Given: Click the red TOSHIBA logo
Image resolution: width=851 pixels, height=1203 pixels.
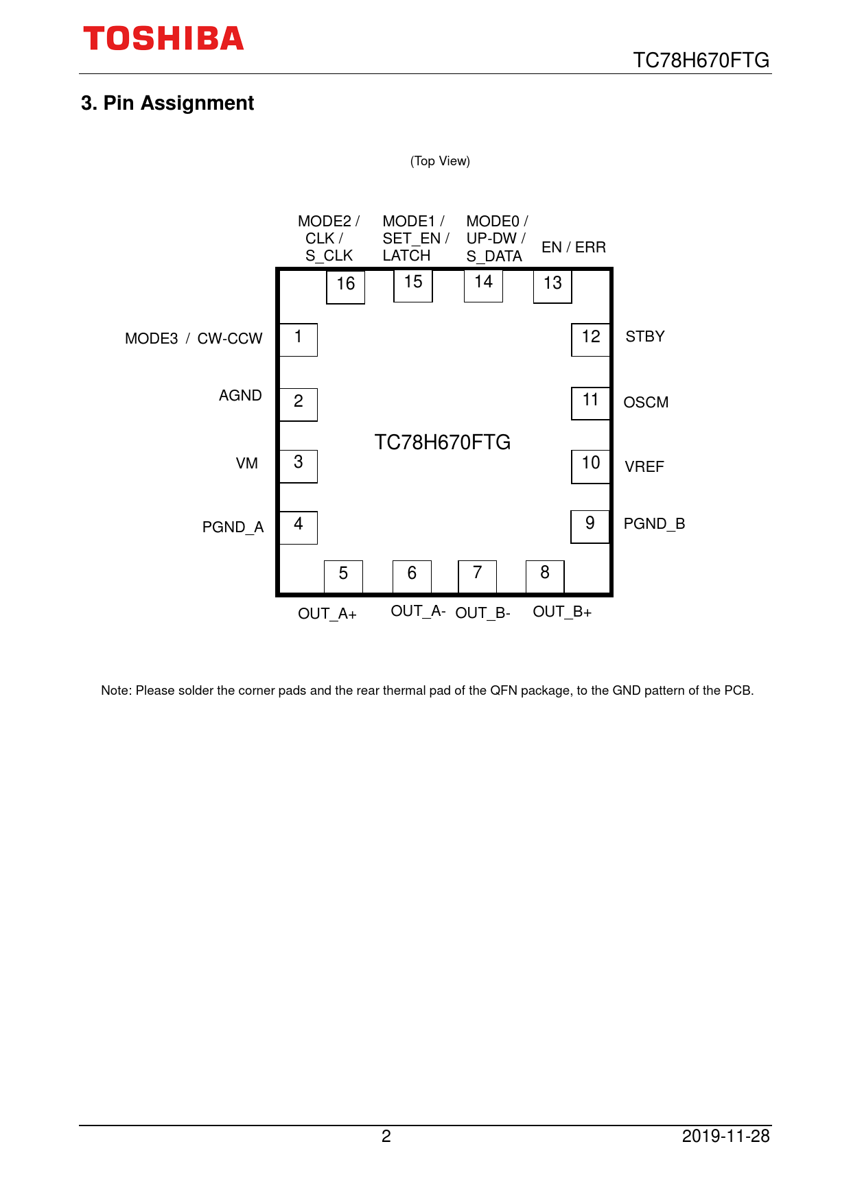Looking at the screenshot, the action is (x=163, y=39).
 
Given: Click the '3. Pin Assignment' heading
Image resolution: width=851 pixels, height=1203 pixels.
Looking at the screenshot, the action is (x=167, y=103).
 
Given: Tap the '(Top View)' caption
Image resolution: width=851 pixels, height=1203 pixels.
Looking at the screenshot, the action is (x=440, y=161).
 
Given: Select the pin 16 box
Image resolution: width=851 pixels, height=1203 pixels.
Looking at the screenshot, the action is (x=345, y=287).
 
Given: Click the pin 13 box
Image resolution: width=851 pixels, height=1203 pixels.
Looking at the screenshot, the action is (x=552, y=286).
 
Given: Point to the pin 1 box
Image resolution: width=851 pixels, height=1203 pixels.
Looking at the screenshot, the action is (x=299, y=340).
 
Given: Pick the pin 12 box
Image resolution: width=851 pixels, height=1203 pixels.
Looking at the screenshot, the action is (x=590, y=340).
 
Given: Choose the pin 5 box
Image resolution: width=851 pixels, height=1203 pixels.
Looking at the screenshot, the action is (x=343, y=576).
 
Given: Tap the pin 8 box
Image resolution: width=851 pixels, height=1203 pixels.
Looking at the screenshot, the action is (x=545, y=576).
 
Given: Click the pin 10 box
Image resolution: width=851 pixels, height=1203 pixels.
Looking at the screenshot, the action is (x=590, y=466).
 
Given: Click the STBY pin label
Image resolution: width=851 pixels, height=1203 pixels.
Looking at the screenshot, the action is (x=645, y=337).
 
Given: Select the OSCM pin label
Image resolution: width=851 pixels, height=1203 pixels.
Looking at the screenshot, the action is (x=646, y=403).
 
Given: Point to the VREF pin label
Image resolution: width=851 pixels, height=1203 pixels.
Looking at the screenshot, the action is (x=644, y=467).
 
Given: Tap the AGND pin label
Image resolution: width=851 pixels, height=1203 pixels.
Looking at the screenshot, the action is (x=240, y=396).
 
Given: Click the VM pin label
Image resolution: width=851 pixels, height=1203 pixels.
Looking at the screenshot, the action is (x=247, y=464).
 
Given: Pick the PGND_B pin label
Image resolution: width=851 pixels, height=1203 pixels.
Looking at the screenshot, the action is (x=654, y=524).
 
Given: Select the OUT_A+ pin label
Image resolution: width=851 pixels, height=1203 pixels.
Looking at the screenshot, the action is (x=327, y=614).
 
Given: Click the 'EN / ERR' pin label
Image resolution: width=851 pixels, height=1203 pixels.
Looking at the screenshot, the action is (x=574, y=248).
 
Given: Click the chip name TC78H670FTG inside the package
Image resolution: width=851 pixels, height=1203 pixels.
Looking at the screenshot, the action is (x=443, y=442).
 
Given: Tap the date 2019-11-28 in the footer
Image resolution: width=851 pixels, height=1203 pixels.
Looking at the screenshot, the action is (x=726, y=1136).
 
